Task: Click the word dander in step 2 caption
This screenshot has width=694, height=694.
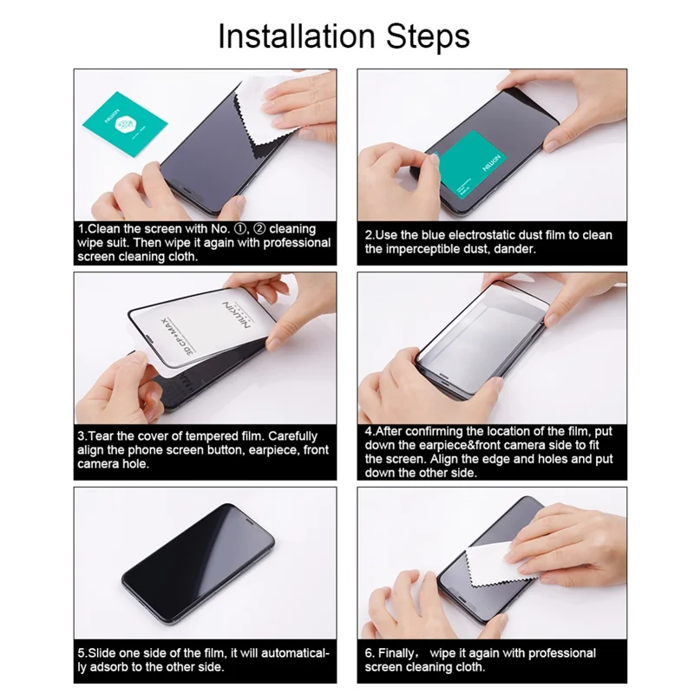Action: point(511,249)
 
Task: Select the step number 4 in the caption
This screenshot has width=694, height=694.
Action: point(369,431)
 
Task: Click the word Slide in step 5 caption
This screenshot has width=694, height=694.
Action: point(102,652)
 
